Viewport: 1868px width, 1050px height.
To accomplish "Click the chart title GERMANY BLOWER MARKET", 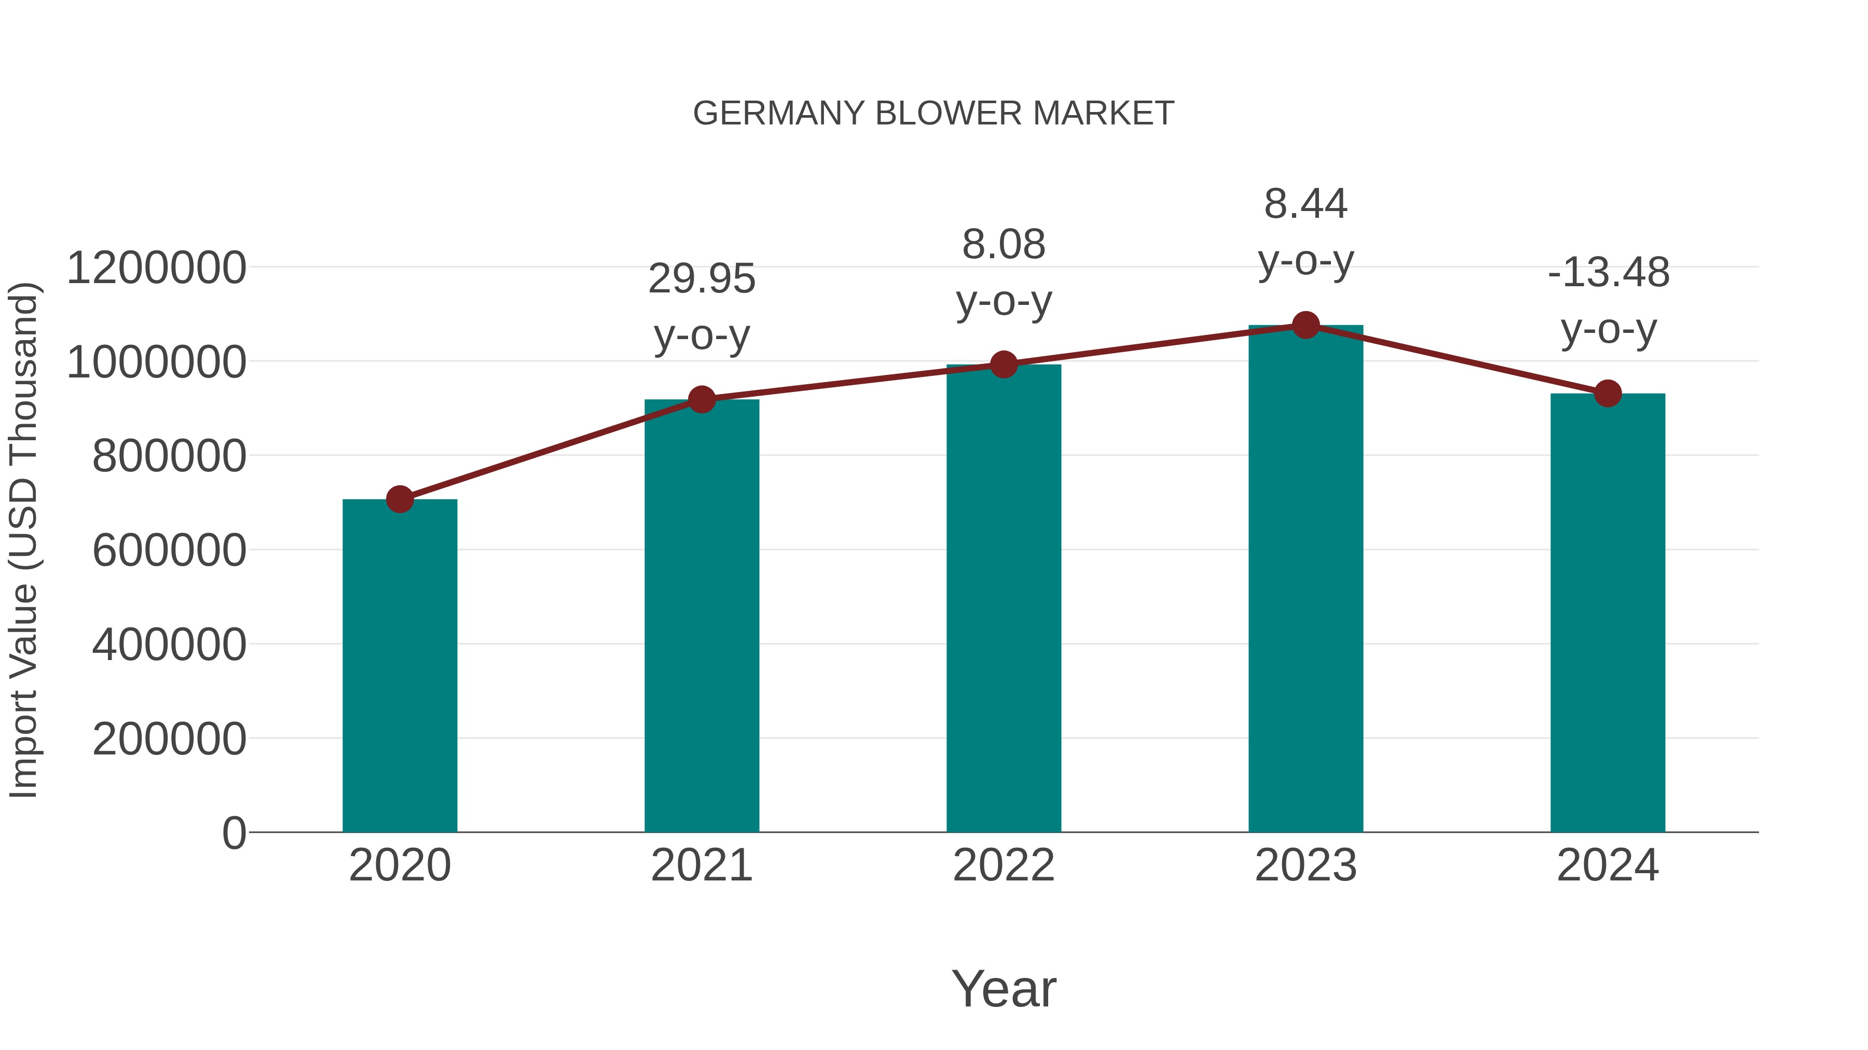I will (933, 114).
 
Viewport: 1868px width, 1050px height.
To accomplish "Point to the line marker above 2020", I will (400, 499).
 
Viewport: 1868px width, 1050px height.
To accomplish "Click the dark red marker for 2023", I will (1306, 325).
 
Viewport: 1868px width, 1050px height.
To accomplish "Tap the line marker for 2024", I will (1608, 394).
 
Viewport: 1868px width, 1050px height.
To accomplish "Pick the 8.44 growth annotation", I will (1306, 232).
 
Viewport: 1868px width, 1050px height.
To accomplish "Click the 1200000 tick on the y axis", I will (156, 268).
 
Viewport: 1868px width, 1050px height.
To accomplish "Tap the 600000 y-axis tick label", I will (169, 550).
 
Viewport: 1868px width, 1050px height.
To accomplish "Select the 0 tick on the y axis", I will (233, 833).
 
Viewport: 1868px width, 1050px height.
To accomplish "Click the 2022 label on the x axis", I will (1004, 865).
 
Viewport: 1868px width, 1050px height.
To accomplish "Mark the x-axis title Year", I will (1004, 988).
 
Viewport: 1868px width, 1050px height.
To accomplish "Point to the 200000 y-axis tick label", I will (169, 739).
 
